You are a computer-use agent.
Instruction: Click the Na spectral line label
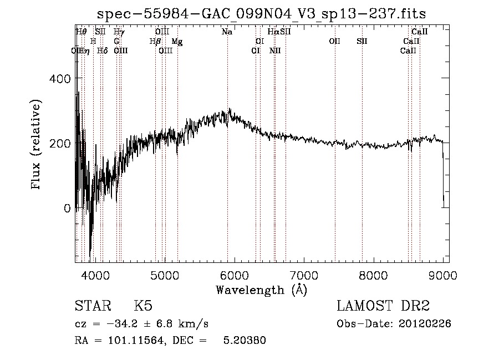[227, 32]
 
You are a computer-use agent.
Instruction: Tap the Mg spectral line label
[176, 42]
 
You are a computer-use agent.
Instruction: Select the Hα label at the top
[273, 32]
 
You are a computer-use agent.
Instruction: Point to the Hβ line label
[155, 42]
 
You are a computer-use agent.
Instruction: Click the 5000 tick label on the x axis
[165, 275]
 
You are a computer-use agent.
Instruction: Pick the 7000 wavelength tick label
[304, 275]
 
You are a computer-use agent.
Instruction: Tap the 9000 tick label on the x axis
[443, 275]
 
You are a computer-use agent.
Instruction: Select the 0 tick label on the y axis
[67, 209]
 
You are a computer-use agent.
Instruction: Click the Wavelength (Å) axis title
[261, 290]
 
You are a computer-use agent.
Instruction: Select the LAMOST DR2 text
[383, 306]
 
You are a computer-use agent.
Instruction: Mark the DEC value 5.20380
[244, 341]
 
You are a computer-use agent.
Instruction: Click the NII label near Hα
[275, 50]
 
